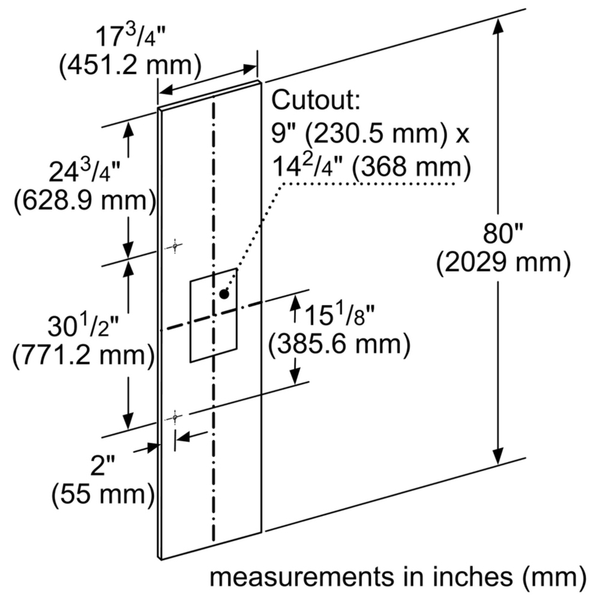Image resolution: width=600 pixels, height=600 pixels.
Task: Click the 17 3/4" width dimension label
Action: tap(130, 36)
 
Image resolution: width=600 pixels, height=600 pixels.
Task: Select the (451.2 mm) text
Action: tap(130, 65)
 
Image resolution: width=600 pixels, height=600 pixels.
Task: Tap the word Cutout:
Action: tap(316, 100)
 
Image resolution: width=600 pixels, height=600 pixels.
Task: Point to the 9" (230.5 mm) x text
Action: tap(370, 134)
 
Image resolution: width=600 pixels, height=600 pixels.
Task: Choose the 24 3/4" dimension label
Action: tap(85, 172)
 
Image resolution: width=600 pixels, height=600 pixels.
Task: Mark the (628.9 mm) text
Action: tap(85, 200)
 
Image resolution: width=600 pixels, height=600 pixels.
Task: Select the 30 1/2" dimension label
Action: tap(83, 326)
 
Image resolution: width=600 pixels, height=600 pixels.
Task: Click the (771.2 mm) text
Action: tap(84, 355)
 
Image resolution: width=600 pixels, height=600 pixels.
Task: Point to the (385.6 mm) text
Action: tap(339, 344)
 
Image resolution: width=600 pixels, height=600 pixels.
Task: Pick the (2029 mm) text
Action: tap(503, 263)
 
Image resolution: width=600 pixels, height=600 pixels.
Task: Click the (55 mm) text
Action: tap(103, 495)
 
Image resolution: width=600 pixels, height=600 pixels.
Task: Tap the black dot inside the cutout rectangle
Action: tap(224, 294)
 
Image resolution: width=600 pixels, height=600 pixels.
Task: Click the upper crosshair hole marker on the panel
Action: tap(175, 247)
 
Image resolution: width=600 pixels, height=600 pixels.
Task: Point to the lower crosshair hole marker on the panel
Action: tap(175, 418)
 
